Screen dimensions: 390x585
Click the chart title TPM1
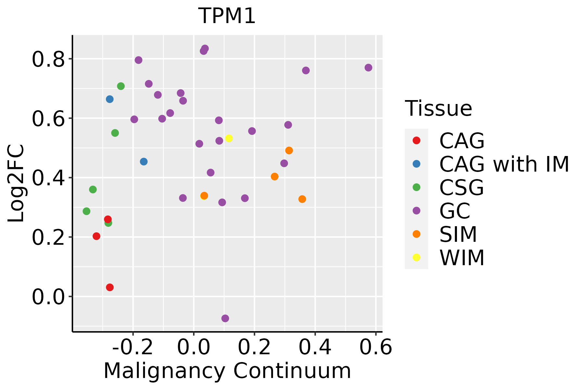coord(227,16)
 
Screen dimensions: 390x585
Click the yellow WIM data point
coord(229,138)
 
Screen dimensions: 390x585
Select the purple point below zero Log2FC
coord(225,318)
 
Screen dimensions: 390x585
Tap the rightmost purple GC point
coord(368,68)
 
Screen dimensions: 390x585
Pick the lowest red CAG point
coord(110,287)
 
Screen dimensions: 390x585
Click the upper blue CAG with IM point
coord(110,99)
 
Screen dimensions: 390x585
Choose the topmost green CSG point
coord(121,86)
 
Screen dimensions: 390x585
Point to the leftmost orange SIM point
coord(204,196)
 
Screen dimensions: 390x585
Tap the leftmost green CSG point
coord(86,211)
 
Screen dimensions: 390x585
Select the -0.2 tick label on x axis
coord(133,347)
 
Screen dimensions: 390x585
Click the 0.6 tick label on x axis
coord(376,347)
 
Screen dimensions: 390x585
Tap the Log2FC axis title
coord(16,184)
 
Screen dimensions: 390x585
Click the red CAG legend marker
coord(416,140)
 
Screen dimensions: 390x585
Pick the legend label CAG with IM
coord(504,164)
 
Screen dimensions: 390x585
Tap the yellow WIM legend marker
coord(416,257)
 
